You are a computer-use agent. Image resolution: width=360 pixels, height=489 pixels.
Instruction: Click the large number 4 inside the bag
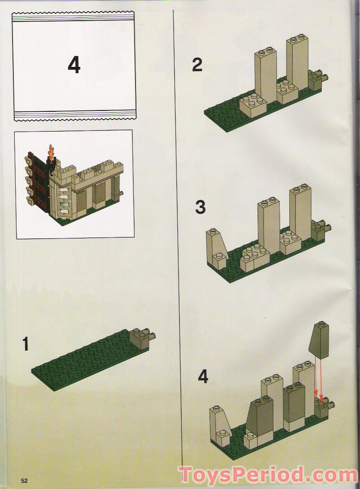click(74, 66)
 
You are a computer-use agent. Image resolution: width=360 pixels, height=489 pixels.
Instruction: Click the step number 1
click(26, 344)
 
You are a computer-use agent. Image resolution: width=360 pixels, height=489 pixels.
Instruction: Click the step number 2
click(197, 66)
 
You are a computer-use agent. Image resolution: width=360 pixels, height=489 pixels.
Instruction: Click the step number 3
click(200, 207)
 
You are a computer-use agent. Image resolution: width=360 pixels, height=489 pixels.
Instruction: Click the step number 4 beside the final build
click(203, 377)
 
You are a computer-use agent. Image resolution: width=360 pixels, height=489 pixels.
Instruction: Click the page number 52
click(24, 480)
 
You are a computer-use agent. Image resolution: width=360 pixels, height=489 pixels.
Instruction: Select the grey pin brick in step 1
click(141, 337)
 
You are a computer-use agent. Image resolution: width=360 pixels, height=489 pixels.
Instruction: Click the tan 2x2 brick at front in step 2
click(252, 105)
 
